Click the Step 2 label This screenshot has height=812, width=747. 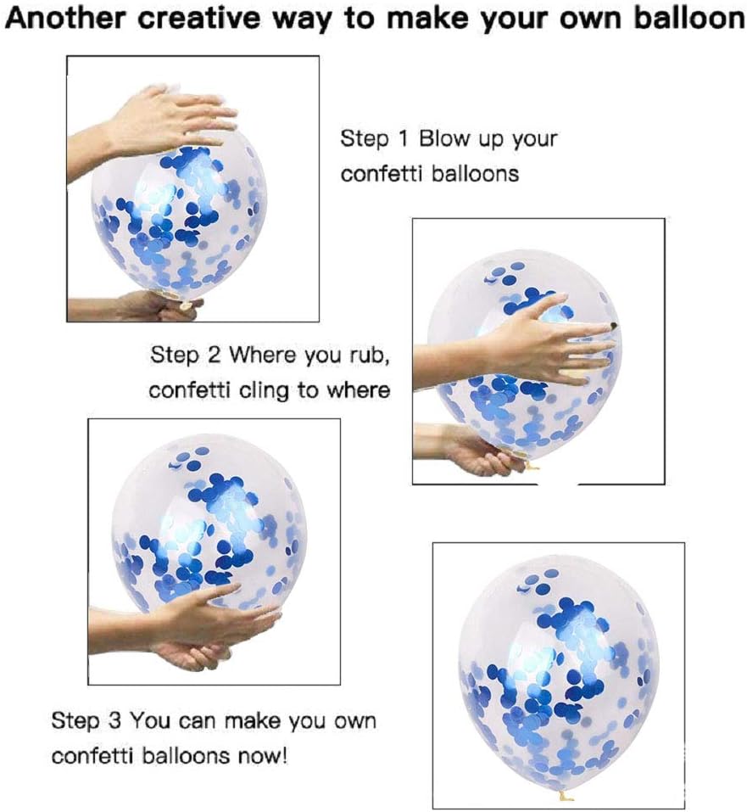click(186, 354)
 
